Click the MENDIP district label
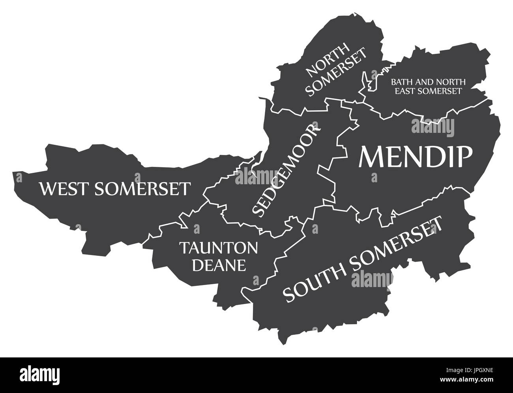point(415,157)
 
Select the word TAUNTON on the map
point(219,248)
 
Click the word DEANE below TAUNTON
point(219,265)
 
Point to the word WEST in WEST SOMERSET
point(63,189)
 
